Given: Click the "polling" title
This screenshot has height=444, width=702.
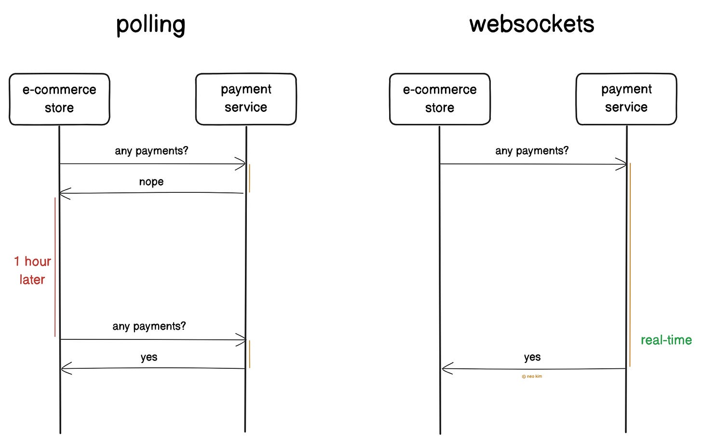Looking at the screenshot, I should click(150, 25).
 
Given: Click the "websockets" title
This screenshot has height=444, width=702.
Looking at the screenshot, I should click(531, 24).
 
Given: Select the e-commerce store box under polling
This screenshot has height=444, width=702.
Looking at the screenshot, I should click(59, 99).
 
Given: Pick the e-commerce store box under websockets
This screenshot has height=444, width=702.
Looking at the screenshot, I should click(440, 99).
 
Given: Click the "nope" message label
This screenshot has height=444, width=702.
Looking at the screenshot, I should click(151, 182).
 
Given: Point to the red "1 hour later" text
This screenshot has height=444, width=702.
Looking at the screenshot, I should click(32, 270).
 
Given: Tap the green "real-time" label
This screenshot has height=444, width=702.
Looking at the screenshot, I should click(666, 340).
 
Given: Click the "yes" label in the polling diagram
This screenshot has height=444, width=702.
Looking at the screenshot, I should click(149, 357).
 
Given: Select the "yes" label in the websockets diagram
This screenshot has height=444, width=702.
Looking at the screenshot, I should click(532, 357).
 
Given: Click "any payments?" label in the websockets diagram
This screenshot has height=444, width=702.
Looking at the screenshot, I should click(532, 151).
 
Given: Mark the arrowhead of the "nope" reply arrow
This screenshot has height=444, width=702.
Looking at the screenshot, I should click(64, 193).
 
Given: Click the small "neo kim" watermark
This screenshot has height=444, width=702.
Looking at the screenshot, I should click(532, 377).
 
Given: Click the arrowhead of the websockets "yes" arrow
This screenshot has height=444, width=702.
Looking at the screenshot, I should click(446, 369).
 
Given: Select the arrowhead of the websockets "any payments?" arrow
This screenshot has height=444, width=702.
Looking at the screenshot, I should click(621, 164).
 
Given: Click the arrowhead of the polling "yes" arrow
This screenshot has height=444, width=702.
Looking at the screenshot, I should click(66, 369).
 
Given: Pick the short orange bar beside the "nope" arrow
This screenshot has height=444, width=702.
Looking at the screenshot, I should click(249, 178).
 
